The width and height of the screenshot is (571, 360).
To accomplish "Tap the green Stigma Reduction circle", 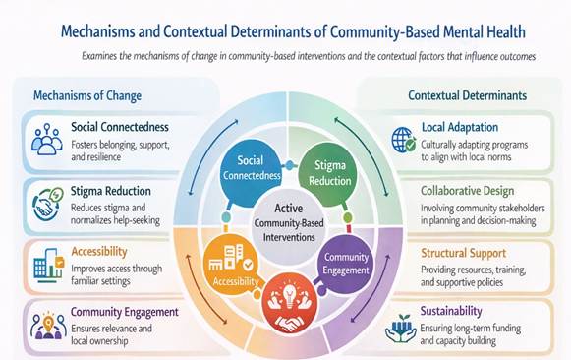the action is [x=327, y=173].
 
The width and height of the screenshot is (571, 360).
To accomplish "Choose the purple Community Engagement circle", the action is [x=344, y=264].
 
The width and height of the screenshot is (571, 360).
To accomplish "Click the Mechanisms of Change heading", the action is [x=87, y=95].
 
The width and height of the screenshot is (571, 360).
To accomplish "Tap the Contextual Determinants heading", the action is [x=467, y=95].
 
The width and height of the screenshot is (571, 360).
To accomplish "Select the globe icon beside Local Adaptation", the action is [x=404, y=140].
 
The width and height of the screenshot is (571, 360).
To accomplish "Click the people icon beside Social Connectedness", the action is [x=47, y=140].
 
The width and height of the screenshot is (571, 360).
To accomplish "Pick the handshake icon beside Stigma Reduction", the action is [x=47, y=204].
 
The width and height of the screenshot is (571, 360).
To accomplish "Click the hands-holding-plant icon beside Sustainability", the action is [x=400, y=329].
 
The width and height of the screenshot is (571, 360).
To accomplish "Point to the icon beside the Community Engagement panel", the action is [x=48, y=326].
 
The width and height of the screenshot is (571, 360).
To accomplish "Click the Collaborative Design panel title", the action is [x=467, y=191].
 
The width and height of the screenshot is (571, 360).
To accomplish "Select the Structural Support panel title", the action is [x=463, y=253].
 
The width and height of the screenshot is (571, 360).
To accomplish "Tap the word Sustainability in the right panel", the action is [x=451, y=311].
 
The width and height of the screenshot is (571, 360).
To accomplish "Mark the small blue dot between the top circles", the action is [x=290, y=165].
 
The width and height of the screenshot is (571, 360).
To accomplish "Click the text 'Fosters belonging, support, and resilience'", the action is [x=120, y=150].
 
